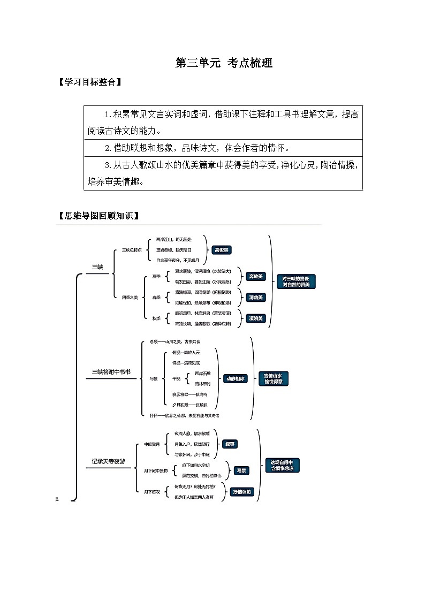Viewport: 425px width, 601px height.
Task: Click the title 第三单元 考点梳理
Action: [x=224, y=63]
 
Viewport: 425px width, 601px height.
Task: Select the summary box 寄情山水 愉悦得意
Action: [x=273, y=378]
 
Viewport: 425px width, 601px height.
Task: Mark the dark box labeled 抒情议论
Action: [x=245, y=492]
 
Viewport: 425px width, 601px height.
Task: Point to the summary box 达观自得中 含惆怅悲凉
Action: [x=282, y=465]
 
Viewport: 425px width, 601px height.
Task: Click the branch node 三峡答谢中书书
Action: [x=111, y=371]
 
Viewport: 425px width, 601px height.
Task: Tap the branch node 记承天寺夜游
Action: [x=108, y=461]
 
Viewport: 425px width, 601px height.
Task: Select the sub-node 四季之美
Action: [x=130, y=297]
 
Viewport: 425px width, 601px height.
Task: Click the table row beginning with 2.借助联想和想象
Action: [x=223, y=147]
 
